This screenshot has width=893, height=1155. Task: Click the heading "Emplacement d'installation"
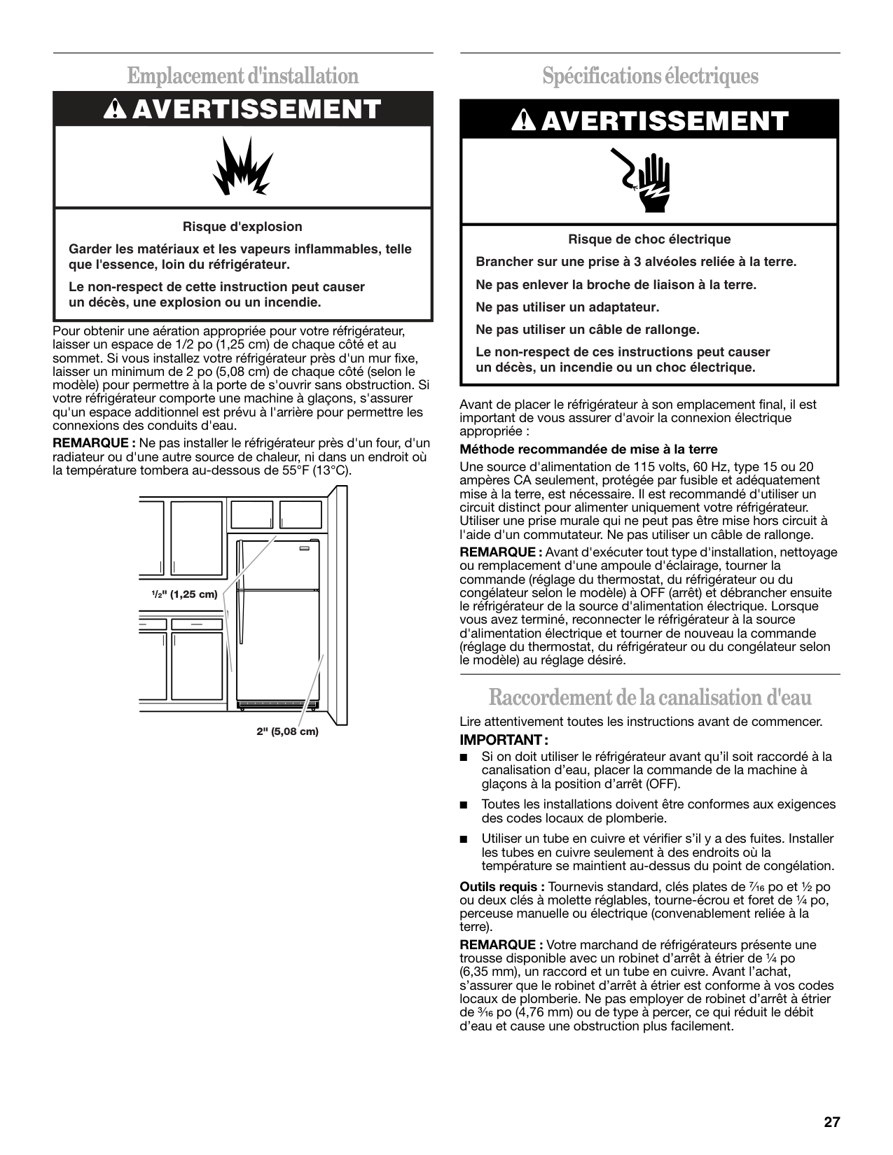(243, 76)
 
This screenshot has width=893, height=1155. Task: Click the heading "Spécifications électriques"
(650, 76)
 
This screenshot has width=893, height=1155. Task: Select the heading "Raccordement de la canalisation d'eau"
(650, 697)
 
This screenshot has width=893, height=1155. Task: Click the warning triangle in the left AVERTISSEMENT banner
(115, 109)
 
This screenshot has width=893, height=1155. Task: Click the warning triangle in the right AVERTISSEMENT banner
(522, 121)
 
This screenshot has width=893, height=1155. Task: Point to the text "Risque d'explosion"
(242, 227)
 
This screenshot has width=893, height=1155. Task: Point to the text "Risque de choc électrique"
(649, 239)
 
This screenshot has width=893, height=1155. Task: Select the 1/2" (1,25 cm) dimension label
(185, 594)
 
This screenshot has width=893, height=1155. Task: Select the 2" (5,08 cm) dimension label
(287, 731)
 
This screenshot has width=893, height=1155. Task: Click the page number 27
(831, 1123)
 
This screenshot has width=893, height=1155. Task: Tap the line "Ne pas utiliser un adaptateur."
(567, 307)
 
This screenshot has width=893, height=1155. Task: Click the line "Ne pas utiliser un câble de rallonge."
(588, 330)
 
